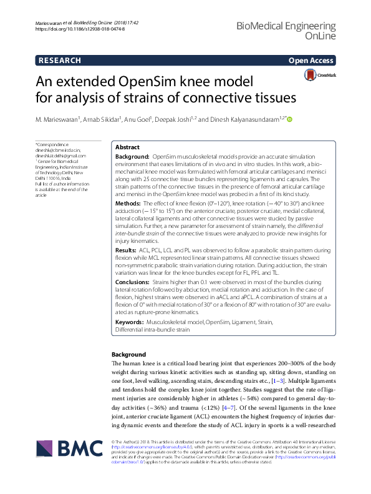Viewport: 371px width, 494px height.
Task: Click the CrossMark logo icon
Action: click(x=311, y=74)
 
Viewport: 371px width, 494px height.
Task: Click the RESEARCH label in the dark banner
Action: click(x=59, y=61)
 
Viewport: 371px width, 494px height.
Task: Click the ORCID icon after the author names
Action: click(x=289, y=119)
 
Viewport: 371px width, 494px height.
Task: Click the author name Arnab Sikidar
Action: click(x=104, y=119)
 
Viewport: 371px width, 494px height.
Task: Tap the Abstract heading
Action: click(x=127, y=147)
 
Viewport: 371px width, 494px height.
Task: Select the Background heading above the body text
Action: click(x=128, y=354)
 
